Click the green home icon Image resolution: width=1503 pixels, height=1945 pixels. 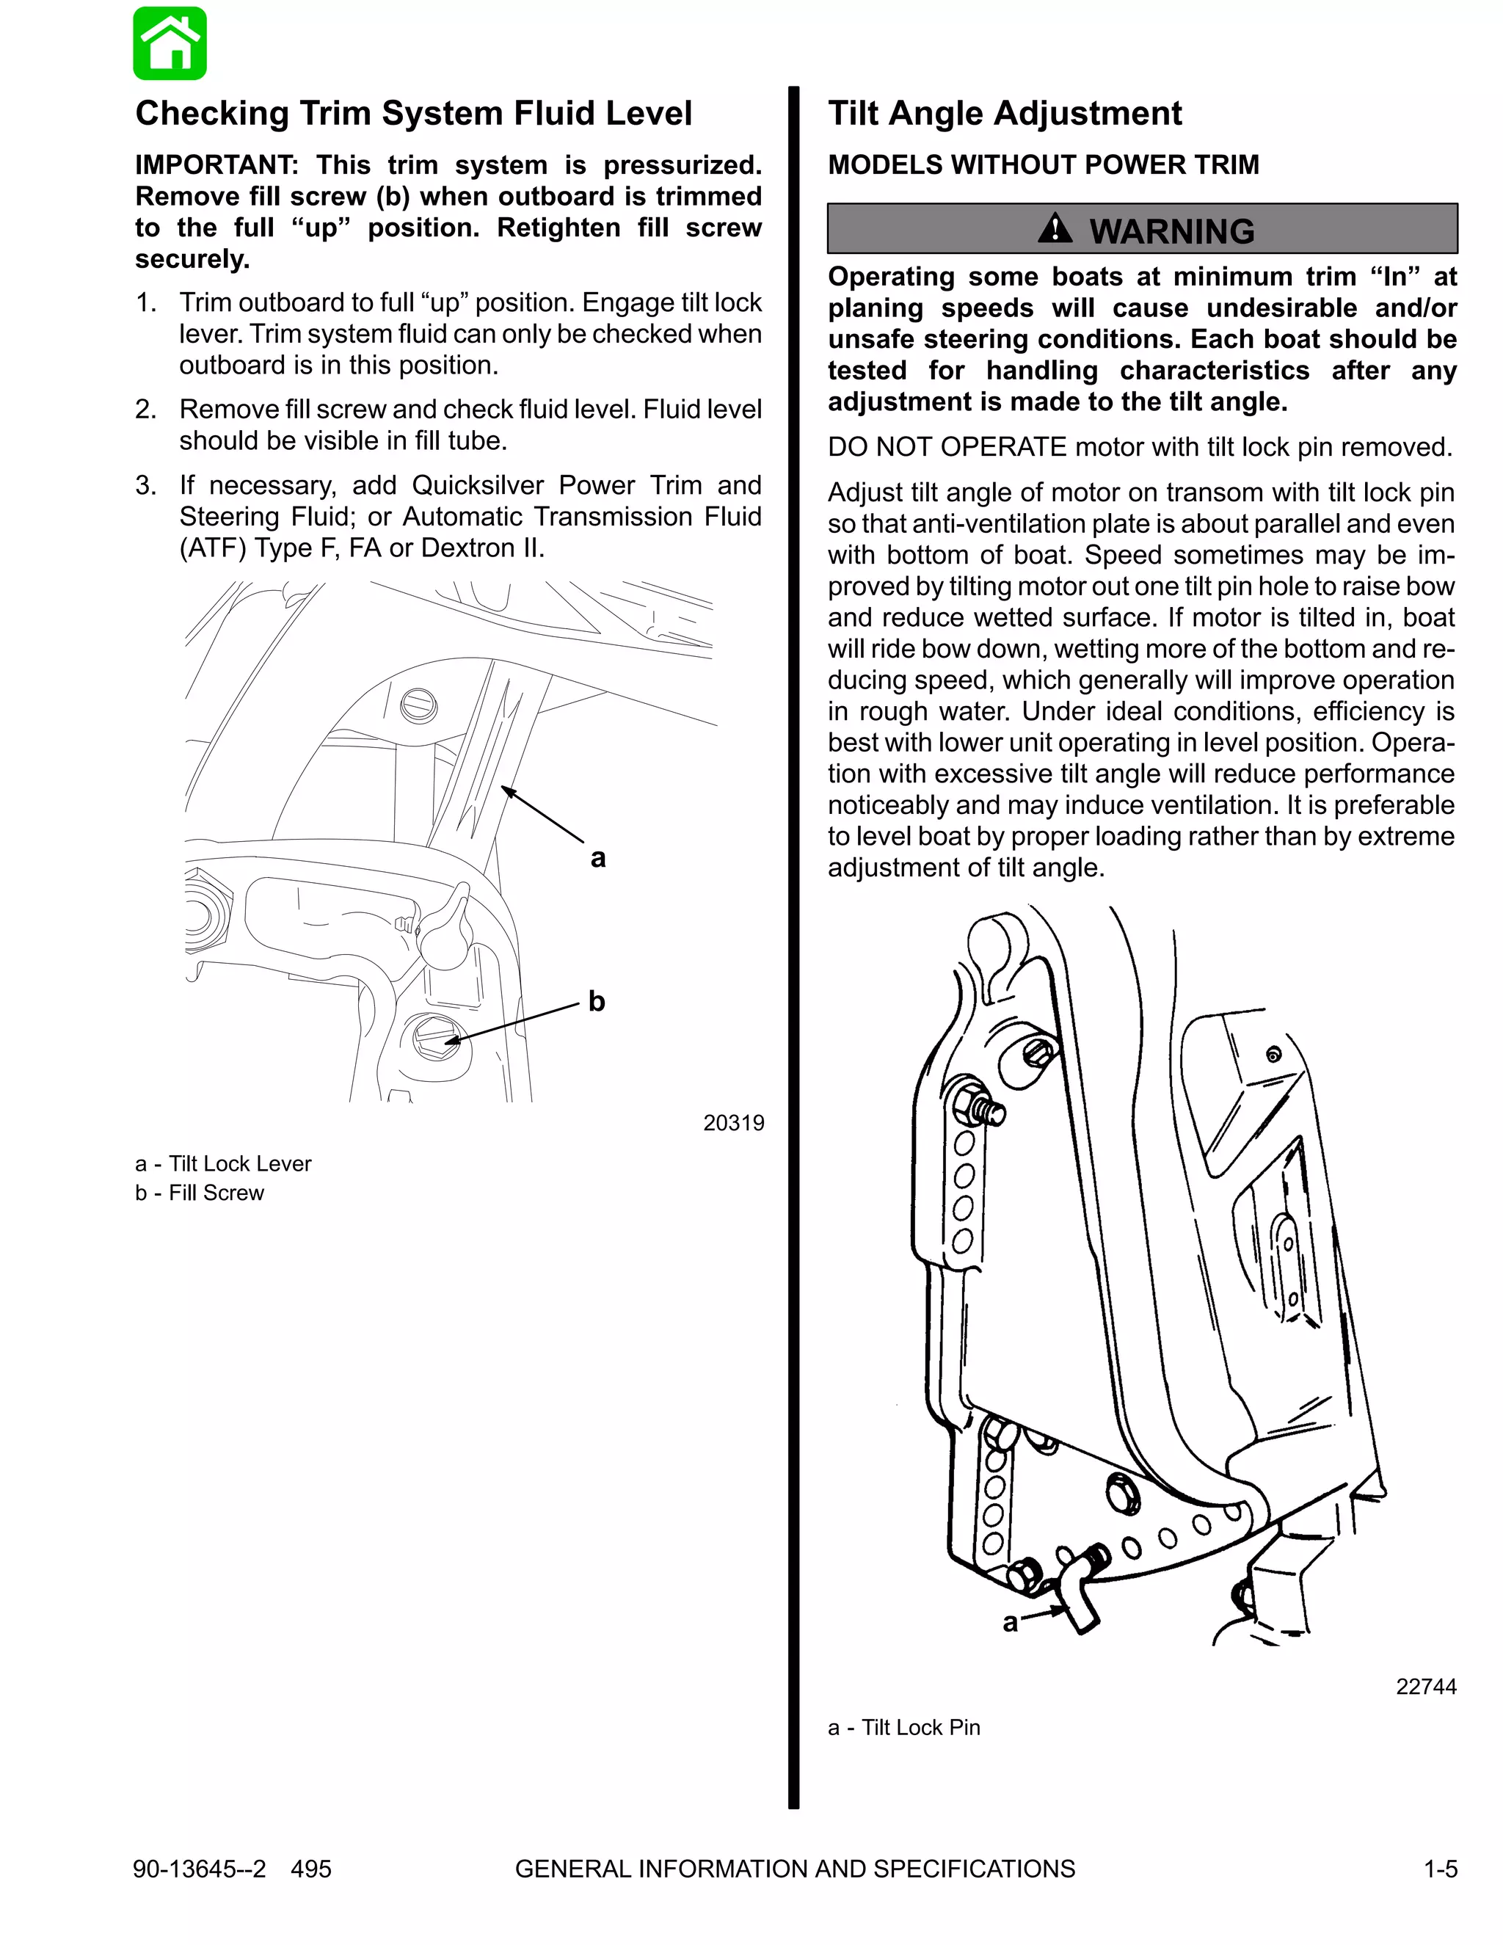tap(170, 43)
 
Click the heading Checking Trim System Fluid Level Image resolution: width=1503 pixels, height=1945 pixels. tap(413, 113)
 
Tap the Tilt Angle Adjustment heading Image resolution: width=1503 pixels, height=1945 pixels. tap(1005, 113)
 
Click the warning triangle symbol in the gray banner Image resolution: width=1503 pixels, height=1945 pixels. tap(1055, 229)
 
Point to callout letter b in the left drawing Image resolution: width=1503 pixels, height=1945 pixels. tap(597, 1002)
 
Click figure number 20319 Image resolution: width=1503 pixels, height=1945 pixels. tap(733, 1123)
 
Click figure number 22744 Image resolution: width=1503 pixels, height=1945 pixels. tap(1425, 1687)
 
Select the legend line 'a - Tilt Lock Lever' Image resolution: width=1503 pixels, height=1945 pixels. tap(224, 1164)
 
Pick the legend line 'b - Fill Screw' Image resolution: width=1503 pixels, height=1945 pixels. tap(200, 1193)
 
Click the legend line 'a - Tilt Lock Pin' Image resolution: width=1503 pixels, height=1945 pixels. tap(903, 1728)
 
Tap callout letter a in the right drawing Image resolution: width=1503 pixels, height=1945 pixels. tap(1010, 1623)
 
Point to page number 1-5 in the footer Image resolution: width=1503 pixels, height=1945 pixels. tap(1440, 1869)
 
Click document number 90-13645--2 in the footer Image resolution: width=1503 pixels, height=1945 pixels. tap(200, 1869)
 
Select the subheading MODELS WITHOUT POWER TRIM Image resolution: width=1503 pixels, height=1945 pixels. tap(1043, 164)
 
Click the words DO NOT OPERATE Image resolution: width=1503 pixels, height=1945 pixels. tap(947, 447)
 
